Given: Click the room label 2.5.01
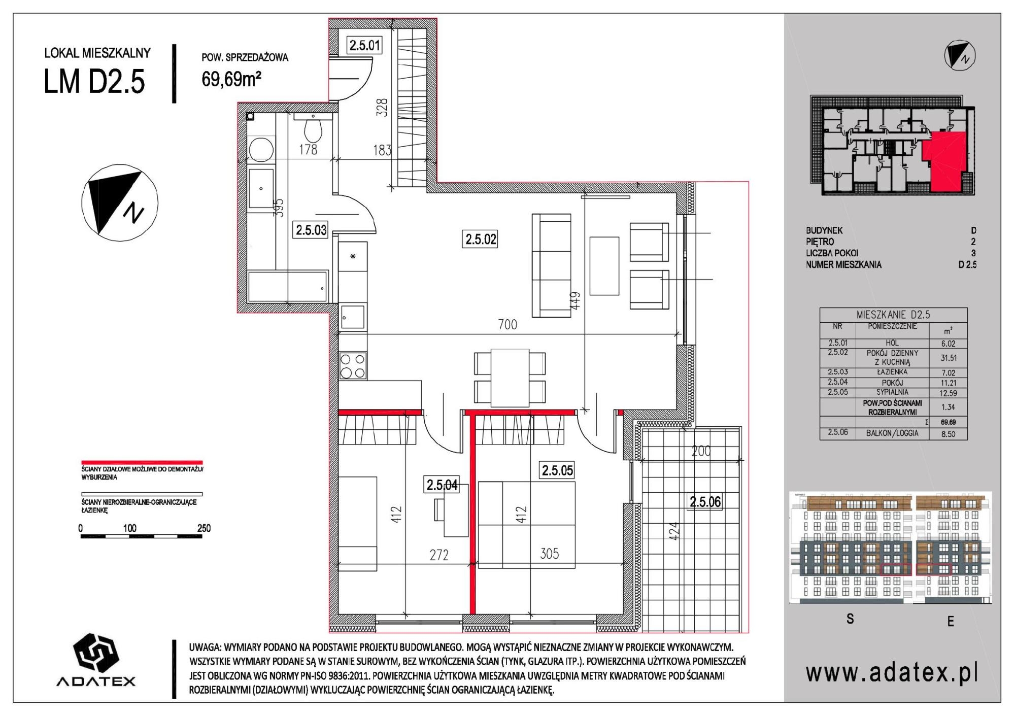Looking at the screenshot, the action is click(x=364, y=45).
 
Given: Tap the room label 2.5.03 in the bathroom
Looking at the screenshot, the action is click(x=311, y=230).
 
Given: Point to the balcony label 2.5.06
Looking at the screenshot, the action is click(x=705, y=502).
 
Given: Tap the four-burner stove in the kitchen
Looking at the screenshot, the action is click(x=353, y=366).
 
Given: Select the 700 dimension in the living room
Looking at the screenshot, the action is click(x=507, y=324).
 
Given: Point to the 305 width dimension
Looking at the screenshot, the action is click(x=549, y=553).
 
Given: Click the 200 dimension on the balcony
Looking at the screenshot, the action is click(x=701, y=451).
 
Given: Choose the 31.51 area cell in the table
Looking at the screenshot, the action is click(x=948, y=358).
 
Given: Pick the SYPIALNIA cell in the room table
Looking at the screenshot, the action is click(x=892, y=392).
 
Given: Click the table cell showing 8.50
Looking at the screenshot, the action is click(x=948, y=434).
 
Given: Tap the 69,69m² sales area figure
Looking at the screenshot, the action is click(x=231, y=79).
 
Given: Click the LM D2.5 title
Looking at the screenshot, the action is click(x=94, y=82).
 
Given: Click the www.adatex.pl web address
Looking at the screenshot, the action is click(x=892, y=673).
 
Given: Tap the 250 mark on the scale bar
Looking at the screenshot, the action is click(x=204, y=528).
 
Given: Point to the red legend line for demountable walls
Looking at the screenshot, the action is click(x=142, y=463).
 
